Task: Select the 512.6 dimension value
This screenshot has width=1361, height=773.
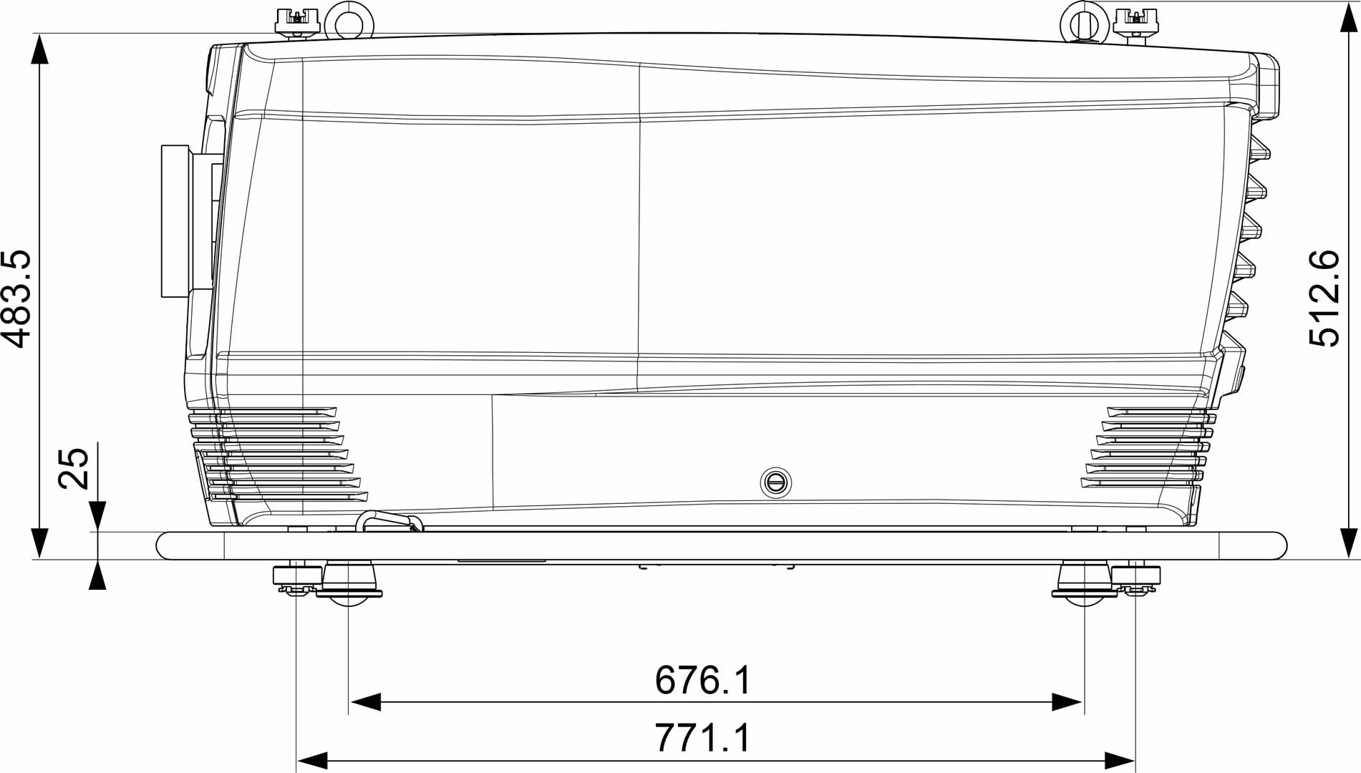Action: coord(1324,298)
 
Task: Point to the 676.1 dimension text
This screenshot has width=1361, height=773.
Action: coord(703,680)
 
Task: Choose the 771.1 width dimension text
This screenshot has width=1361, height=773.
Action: coord(703,738)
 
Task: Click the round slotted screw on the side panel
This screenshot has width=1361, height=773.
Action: coord(775,482)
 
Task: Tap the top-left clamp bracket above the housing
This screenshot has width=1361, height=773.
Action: coord(296,21)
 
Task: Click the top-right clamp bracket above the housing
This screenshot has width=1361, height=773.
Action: coord(1136,23)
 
